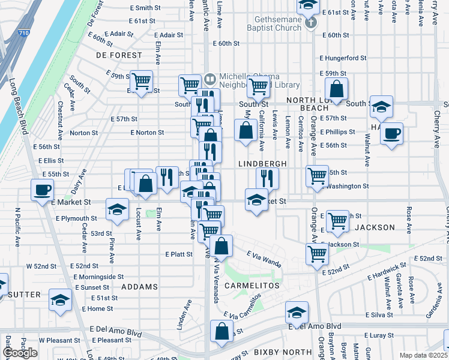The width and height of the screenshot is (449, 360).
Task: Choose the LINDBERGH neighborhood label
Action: [263, 163]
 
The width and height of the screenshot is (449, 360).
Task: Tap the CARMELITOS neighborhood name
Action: [252, 286]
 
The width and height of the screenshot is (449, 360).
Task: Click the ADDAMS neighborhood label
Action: [139, 287]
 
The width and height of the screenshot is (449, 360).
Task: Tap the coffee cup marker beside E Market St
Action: [43, 191]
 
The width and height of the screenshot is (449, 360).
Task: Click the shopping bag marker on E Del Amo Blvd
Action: [221, 332]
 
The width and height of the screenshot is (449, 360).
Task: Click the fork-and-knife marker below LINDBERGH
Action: [267, 178]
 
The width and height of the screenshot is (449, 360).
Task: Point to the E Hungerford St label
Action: [343, 58]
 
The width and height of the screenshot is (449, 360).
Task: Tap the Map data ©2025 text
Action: [423, 355]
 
